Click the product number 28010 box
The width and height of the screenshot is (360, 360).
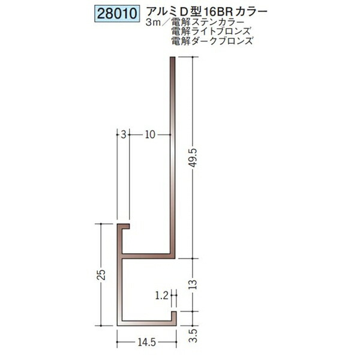tap(117, 14)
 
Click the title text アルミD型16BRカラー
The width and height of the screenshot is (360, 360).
tap(207, 12)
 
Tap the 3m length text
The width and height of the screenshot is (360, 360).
tap(152, 23)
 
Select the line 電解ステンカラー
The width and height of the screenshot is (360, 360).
tap(208, 23)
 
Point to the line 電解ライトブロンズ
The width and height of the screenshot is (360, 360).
tap(211, 31)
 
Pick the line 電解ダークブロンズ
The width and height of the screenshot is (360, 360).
tap(212, 41)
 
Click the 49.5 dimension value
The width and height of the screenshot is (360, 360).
tap(194, 158)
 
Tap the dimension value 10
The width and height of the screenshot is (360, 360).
tap(150, 135)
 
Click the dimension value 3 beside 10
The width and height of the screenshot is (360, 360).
tap(124, 135)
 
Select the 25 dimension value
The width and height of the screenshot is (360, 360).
tap(101, 274)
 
